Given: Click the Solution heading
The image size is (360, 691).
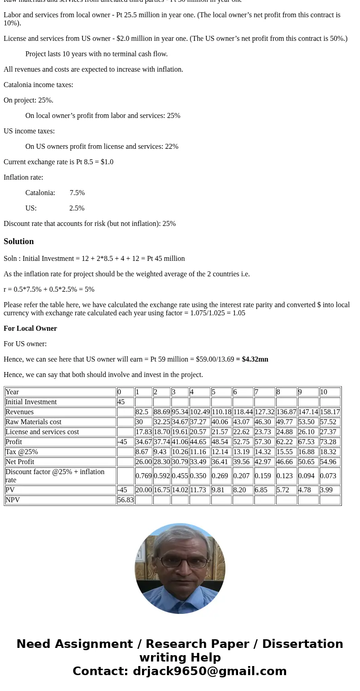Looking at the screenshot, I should (19, 241).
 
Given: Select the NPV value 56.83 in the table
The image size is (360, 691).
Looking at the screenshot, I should (125, 500).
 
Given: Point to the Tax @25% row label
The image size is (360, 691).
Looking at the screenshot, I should (22, 452).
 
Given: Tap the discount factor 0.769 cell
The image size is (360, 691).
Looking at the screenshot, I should (143, 476).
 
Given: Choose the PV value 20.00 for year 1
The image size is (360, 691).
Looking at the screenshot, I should (144, 490).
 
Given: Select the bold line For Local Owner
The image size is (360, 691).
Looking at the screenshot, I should (30, 328).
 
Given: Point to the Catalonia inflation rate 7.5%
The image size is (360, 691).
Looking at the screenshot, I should (77, 193).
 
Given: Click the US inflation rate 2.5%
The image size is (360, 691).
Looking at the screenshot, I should (77, 208).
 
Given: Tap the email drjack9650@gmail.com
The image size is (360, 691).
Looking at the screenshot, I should (209, 671).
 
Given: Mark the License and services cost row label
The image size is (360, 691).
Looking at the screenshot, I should (42, 432).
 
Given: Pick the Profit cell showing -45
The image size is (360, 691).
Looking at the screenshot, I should (122, 442).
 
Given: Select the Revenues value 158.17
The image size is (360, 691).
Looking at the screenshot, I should (330, 412).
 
